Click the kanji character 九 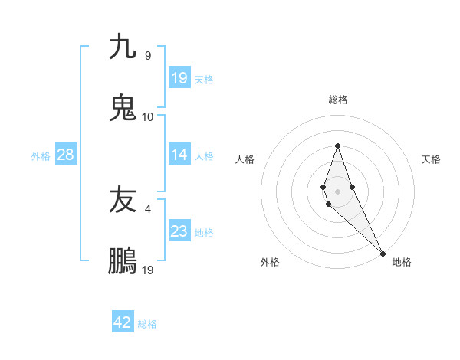pos(123,47)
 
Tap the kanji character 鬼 pos(123,108)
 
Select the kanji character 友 pos(123,201)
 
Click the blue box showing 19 pos(179,77)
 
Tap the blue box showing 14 pos(179,155)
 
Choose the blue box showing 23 pos(179,232)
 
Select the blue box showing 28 pos(66,155)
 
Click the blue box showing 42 pos(123,322)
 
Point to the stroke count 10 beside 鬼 pos(148,116)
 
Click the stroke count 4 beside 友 pos(148,208)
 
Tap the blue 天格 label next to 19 pos(204,79)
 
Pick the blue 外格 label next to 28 pos(41,155)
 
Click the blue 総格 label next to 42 pos(147,324)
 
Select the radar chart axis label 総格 pos(337,100)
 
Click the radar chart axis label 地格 pos(402,262)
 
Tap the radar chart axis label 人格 pos(245,159)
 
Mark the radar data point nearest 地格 pos(383,254)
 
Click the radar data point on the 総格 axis pos(337,146)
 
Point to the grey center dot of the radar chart pos(337,191)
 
